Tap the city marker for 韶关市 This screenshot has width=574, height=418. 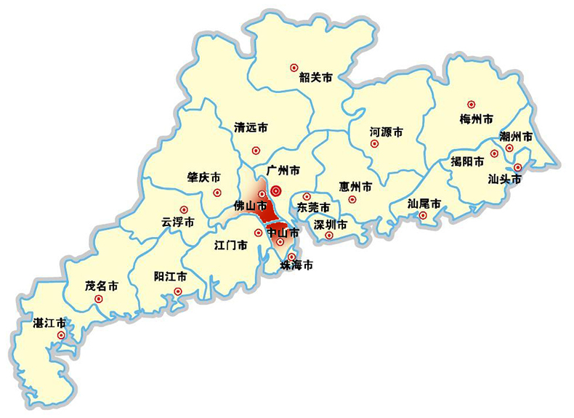294,67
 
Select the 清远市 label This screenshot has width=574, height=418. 251,127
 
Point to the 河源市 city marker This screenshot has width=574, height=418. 375,144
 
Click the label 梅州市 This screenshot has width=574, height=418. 477,118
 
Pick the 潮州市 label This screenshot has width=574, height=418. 516,137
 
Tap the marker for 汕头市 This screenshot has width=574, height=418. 517,167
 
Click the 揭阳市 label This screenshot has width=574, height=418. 467,161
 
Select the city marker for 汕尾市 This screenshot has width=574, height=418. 423,215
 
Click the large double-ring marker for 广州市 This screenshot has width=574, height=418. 276,190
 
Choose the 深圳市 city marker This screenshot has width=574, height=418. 329,235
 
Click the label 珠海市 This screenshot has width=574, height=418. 297,266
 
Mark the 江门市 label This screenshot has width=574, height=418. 232,244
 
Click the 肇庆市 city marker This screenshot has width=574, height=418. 217,193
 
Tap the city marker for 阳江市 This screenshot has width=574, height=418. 178,292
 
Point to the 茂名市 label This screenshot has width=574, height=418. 102,286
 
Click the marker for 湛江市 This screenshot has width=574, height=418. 62,335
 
